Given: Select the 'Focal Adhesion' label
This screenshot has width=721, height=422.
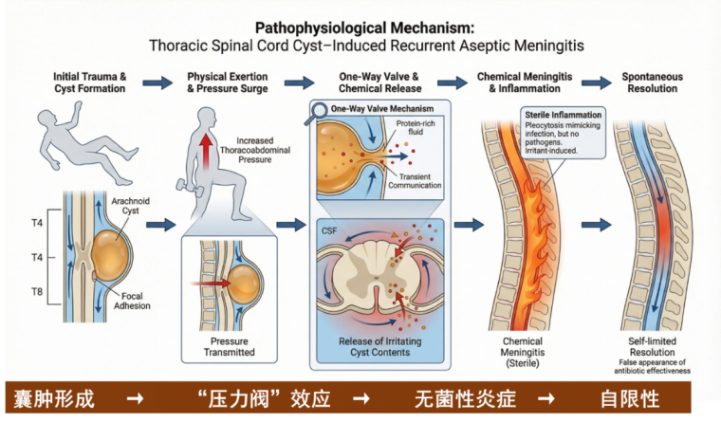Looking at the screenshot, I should (136, 302).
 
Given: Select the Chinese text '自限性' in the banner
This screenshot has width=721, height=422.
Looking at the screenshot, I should (629, 397).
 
